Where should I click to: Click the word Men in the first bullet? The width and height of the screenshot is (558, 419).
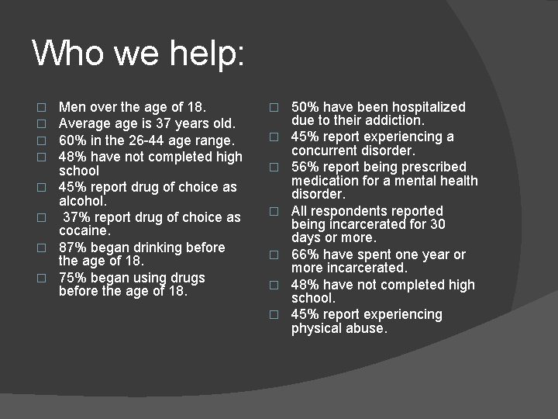(72, 106)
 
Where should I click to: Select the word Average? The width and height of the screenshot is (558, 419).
(85, 123)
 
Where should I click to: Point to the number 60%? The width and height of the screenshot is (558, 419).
(73, 140)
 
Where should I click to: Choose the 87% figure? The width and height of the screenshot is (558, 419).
(73, 248)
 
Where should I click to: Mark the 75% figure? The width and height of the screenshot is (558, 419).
(73, 278)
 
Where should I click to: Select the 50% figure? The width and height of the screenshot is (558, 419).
(305, 106)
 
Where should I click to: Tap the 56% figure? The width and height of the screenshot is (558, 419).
(305, 167)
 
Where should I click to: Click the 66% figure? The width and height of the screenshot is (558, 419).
(305, 255)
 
